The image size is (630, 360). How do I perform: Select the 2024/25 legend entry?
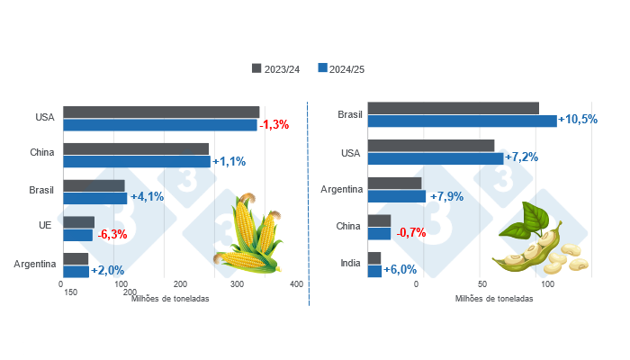pos(346,68)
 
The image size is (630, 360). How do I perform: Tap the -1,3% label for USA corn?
pos(274,125)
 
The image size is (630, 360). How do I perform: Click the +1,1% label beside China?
pos(228,162)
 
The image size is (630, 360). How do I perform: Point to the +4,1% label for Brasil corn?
pos(147,197)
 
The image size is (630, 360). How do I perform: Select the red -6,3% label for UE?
pos(112,235)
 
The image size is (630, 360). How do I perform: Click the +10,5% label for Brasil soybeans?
pos(578,120)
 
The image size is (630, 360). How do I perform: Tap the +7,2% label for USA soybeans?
pos(521,157)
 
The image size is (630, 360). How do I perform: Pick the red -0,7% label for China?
pos(410,233)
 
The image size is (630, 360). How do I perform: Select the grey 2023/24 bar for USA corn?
pos(161,112)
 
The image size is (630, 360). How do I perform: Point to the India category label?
pos(350,264)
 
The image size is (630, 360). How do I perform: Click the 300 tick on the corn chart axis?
pos(238,284)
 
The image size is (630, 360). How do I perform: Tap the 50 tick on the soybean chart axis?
pos(482,284)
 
